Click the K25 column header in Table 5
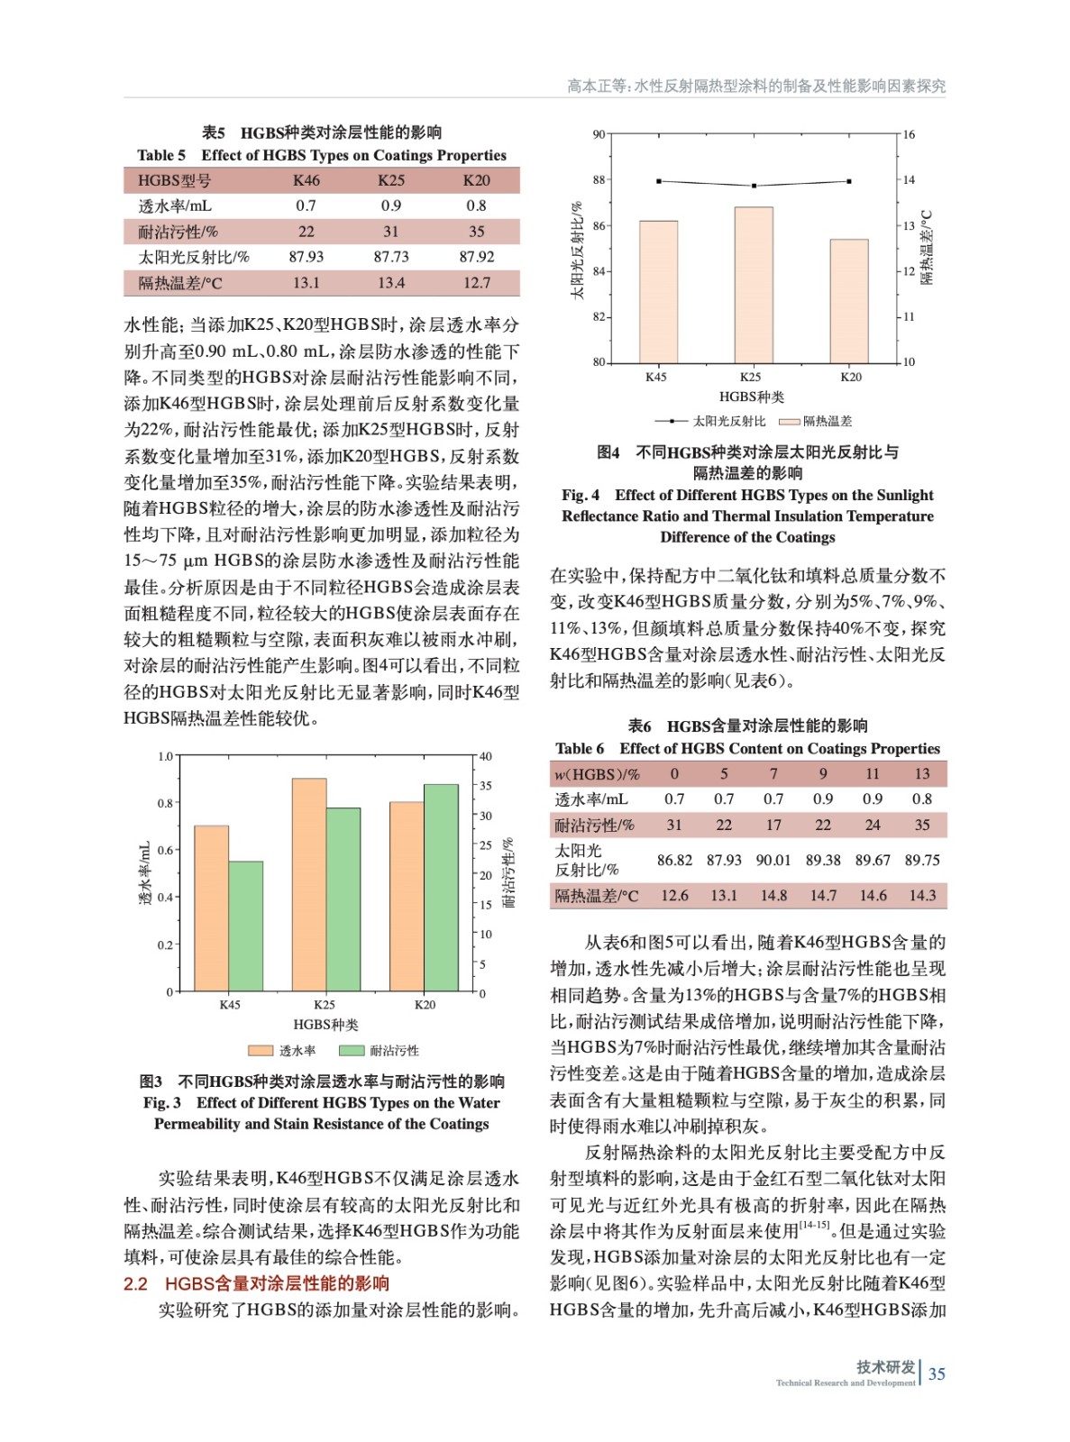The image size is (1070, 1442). pyautogui.click(x=390, y=180)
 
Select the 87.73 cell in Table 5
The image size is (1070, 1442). pyautogui.click(x=390, y=257)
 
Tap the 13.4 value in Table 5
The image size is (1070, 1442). pyautogui.click(x=390, y=283)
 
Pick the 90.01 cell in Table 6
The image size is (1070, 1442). pyautogui.click(x=773, y=860)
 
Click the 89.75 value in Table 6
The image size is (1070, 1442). pyautogui.click(x=921, y=860)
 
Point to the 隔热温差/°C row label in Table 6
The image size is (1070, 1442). pyautogui.click(x=596, y=896)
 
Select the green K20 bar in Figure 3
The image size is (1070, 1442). pyautogui.click(x=441, y=888)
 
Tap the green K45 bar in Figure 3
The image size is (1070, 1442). pyautogui.click(x=245, y=926)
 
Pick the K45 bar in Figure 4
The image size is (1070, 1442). pyautogui.click(x=658, y=291)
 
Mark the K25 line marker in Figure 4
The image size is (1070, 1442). pyautogui.click(x=754, y=186)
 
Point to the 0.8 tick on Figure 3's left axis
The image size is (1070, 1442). pyautogui.click(x=165, y=803)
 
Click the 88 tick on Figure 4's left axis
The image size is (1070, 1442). pyautogui.click(x=599, y=180)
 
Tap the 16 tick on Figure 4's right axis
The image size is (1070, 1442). pyautogui.click(x=909, y=135)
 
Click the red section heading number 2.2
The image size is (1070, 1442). pyautogui.click(x=135, y=1283)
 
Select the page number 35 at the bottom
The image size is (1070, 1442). pyautogui.click(x=937, y=1374)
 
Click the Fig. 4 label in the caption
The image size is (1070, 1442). pyautogui.click(x=581, y=495)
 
